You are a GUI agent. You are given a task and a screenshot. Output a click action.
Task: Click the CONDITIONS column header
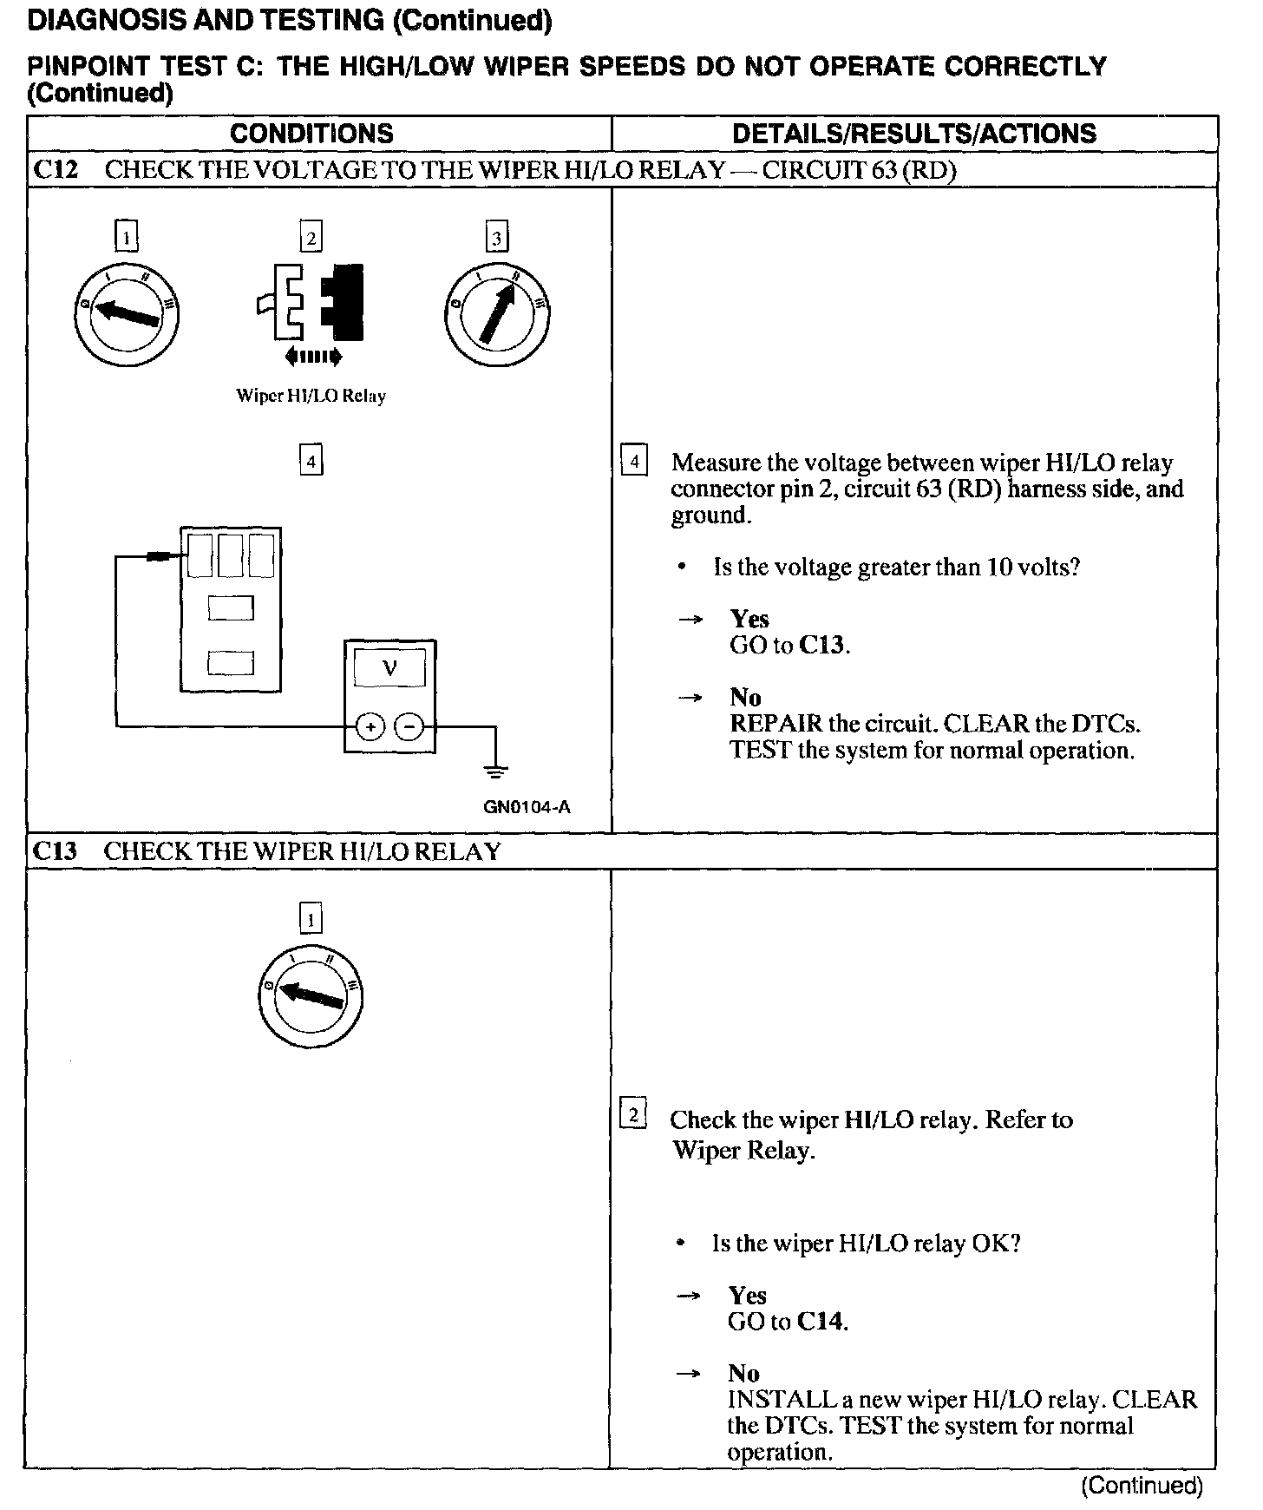click(311, 134)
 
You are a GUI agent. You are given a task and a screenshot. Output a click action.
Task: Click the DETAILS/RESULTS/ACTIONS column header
click(914, 134)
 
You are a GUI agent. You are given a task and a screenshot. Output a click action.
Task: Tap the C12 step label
click(56, 169)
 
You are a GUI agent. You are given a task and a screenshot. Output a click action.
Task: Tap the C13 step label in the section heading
click(55, 851)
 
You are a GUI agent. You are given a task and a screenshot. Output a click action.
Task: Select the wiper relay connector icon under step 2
click(311, 304)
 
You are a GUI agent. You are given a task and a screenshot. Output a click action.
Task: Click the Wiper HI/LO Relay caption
click(311, 396)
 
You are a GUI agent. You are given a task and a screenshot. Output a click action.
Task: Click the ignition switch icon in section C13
click(311, 995)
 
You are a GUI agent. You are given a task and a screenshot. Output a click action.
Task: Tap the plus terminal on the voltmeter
click(370, 726)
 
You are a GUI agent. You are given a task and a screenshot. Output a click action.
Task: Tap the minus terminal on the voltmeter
click(409, 726)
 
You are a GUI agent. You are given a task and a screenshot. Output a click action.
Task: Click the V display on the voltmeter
click(389, 669)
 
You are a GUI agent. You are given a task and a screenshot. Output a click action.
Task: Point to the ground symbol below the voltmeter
click(495, 770)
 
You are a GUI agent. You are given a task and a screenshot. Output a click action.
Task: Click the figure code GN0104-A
click(527, 807)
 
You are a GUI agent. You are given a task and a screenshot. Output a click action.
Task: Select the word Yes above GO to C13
click(749, 619)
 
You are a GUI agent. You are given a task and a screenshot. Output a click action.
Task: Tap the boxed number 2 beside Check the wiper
click(634, 1114)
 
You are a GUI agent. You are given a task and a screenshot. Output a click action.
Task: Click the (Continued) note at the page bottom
click(1142, 1486)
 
